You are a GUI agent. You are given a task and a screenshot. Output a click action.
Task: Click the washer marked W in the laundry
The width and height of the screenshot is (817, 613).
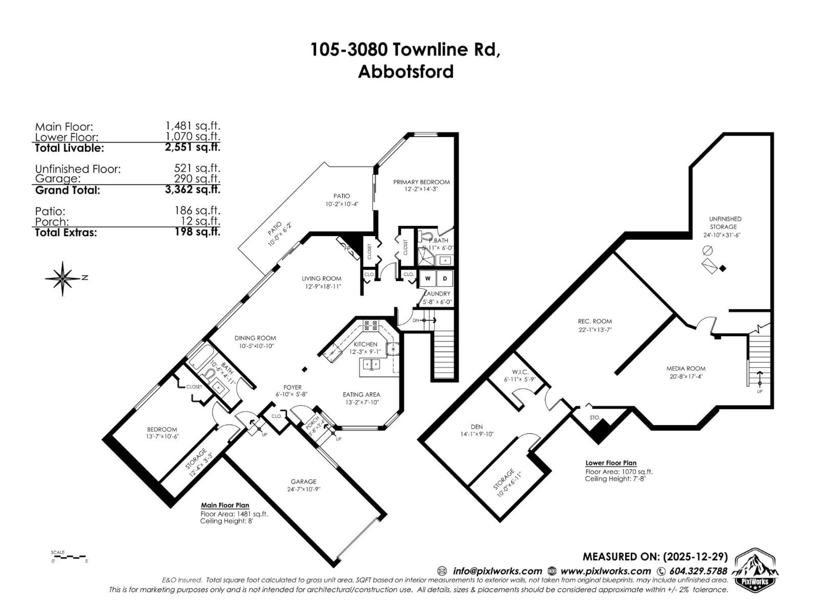point(428,279)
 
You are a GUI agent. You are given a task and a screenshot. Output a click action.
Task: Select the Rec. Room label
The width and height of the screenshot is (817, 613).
point(595,321)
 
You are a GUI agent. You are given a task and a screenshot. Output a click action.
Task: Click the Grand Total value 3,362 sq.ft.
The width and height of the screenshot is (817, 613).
point(192,190)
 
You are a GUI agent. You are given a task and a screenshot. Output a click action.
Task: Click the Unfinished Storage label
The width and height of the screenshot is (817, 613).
point(725,223)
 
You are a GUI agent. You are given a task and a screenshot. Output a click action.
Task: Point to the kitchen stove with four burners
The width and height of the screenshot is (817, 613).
point(371,325)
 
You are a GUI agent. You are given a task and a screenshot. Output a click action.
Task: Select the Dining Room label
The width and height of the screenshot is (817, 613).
point(255,338)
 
